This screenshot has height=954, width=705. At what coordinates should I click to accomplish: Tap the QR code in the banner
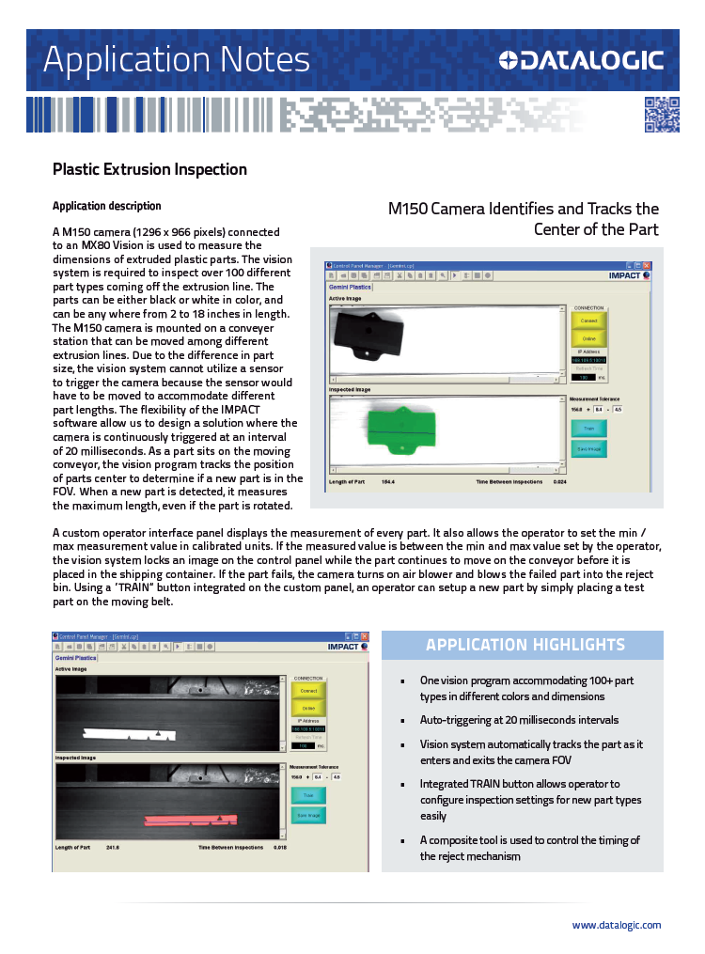pyautogui.click(x=661, y=115)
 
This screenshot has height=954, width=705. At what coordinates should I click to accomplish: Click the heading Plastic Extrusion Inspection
pyautogui.click(x=149, y=169)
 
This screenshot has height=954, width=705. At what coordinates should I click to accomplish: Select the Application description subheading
pyautogui.click(x=106, y=206)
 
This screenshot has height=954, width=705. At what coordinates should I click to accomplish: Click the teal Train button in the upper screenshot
pyautogui.click(x=588, y=428)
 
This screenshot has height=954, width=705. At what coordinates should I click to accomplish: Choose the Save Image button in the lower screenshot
pyautogui.click(x=307, y=815)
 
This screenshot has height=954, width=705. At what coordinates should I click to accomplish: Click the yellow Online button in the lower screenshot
pyautogui.click(x=308, y=709)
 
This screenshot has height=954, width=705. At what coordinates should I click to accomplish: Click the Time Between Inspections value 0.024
pyautogui.click(x=559, y=482)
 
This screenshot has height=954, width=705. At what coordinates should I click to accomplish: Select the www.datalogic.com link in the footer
pyautogui.click(x=616, y=925)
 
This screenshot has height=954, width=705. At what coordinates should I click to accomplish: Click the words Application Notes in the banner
pyautogui.click(x=176, y=59)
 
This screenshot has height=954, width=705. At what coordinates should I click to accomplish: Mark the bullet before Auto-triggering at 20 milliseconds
pyautogui.click(x=402, y=720)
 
